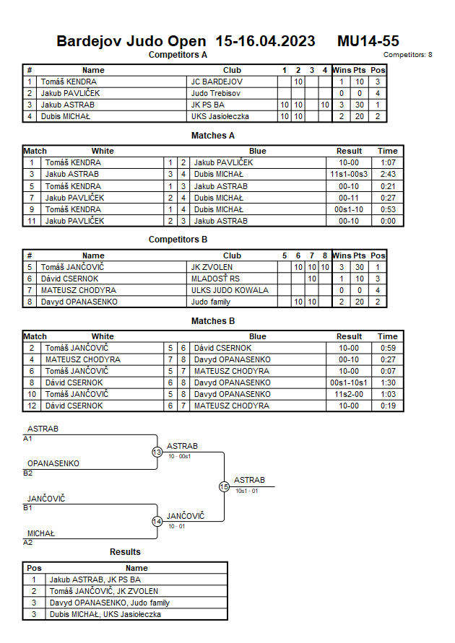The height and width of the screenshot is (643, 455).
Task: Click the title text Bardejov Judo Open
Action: point(133,41)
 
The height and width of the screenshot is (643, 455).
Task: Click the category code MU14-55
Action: point(368,41)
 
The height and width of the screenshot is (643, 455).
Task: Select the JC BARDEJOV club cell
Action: point(217,82)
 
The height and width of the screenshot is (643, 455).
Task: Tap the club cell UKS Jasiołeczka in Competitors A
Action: point(220,116)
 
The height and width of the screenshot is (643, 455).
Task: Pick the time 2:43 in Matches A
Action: point(387,174)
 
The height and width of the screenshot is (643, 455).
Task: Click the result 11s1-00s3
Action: point(349,174)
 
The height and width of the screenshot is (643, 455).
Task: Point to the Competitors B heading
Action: point(178,239)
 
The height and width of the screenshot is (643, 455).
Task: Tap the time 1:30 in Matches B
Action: point(387,382)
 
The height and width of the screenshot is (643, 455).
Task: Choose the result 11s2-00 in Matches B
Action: point(349,394)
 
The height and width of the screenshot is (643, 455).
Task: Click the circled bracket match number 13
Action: point(157,452)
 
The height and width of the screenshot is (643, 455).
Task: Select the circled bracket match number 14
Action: point(157,521)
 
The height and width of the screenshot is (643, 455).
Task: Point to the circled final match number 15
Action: point(224,486)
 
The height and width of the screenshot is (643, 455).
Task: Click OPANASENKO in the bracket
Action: point(53,463)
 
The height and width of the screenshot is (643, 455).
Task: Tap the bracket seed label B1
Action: point(28,508)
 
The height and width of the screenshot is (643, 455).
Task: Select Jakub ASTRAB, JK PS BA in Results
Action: point(95,579)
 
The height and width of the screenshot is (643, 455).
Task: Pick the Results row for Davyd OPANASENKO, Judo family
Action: point(109,603)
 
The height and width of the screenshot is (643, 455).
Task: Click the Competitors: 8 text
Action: point(407,54)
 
